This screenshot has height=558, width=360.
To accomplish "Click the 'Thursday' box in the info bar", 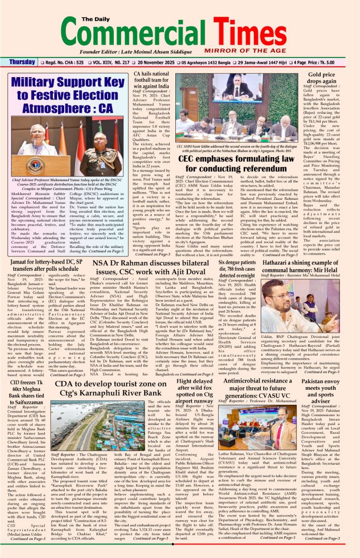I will (22, 62).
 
